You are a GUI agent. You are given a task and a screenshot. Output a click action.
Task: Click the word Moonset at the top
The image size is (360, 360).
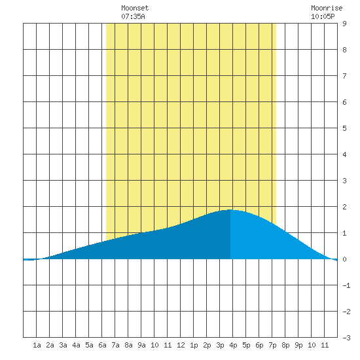pos(135,8)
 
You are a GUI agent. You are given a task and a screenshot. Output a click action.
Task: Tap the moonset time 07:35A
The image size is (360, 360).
pos(133,16)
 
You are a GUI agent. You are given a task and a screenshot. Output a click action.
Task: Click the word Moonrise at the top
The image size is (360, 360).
pos(327,8)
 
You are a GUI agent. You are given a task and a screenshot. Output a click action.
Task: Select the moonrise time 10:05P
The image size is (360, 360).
pos(323,16)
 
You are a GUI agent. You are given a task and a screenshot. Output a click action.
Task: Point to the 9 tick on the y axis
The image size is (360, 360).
pos(344,24)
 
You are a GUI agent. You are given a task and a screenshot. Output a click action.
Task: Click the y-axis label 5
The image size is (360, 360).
pos(344,128)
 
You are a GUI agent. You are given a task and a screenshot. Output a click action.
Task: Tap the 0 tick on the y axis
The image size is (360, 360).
pos(344,259)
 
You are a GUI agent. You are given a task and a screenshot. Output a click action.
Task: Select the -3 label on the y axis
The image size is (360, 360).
pos(346,338)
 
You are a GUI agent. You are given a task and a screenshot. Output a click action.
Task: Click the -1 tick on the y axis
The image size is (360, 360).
pos(346,285)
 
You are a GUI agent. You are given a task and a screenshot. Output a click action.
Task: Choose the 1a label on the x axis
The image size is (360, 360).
pos(37,345)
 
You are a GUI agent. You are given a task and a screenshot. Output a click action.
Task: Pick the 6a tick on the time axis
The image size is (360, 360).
pos(102,345)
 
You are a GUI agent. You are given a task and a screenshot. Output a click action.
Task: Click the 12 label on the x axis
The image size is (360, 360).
pos(181,345)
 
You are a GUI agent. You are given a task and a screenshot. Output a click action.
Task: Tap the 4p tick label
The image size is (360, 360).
pos(233,345)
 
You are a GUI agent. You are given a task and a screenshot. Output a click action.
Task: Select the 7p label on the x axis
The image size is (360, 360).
pos(272,345)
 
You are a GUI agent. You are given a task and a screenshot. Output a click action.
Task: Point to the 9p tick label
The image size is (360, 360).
pos(298,345)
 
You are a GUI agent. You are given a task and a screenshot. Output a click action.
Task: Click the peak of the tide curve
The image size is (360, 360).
pos(230,209)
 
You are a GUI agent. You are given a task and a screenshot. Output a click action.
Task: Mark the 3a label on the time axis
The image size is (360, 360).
pos(63,345)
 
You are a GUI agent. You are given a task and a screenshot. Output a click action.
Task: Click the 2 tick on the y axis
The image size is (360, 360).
pos(344,207)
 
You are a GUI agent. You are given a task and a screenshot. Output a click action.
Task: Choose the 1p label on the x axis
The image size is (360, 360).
pos(194,345)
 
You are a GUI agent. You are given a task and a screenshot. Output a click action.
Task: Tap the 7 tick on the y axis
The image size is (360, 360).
pos(344,76)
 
